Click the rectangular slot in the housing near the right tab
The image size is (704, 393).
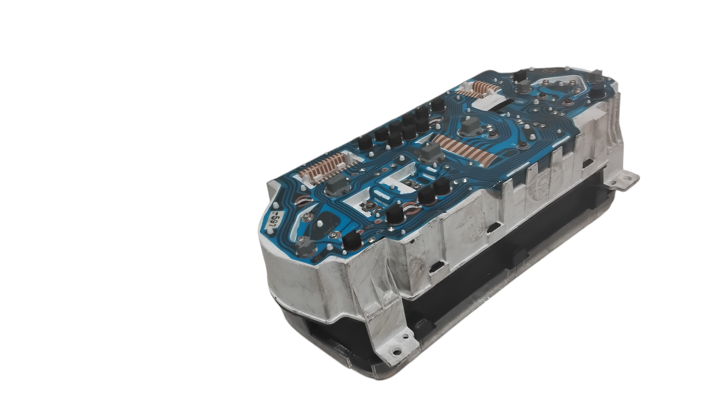587,163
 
